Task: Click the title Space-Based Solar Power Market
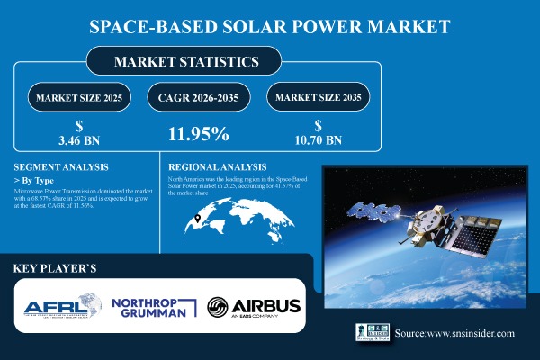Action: tap(269, 26)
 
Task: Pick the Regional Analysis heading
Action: tap(218, 167)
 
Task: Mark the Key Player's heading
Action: tap(59, 268)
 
